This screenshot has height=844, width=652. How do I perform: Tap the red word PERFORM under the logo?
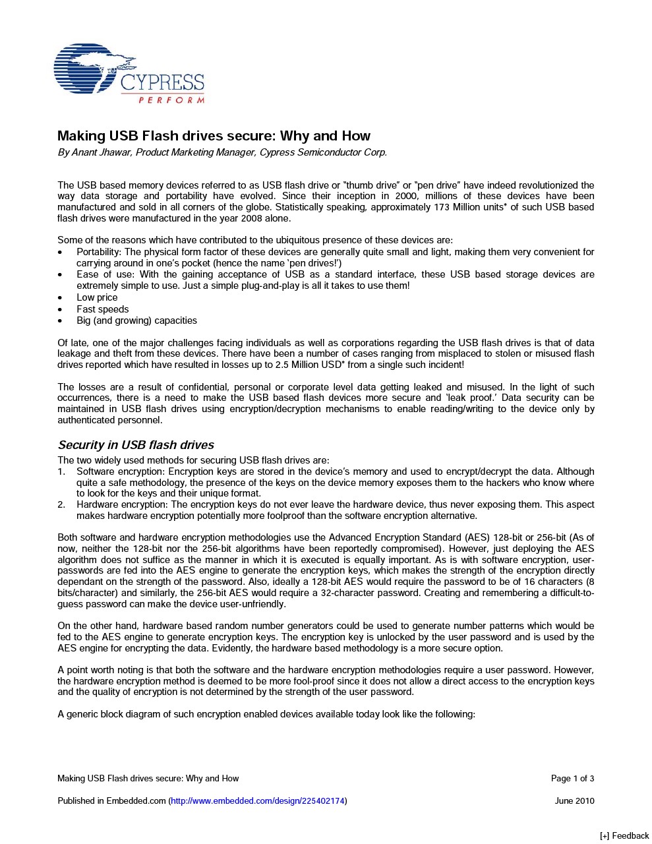(171, 100)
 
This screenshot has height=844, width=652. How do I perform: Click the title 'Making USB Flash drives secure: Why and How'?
(214, 136)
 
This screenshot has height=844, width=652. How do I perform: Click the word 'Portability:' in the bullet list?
(99, 252)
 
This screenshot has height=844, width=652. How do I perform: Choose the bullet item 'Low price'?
(97, 297)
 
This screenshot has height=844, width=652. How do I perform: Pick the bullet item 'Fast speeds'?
(102, 309)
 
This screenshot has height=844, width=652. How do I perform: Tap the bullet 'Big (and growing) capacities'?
(136, 320)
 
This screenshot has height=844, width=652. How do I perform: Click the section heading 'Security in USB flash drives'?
(136, 445)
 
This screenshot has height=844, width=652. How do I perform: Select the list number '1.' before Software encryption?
(61, 471)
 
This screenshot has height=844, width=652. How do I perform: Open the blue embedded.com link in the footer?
(258, 801)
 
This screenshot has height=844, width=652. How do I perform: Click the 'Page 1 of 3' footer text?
(572, 779)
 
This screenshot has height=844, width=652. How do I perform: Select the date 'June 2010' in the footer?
(574, 801)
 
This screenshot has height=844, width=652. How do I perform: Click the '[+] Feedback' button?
(624, 836)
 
